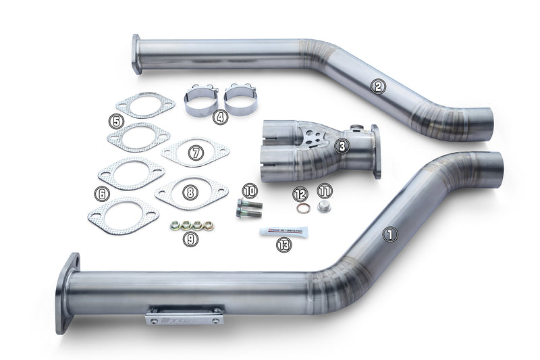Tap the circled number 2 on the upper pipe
coord(378,86)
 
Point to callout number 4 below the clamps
coord(220,117)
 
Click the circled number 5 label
coord(117,122)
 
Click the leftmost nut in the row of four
coord(175,226)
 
